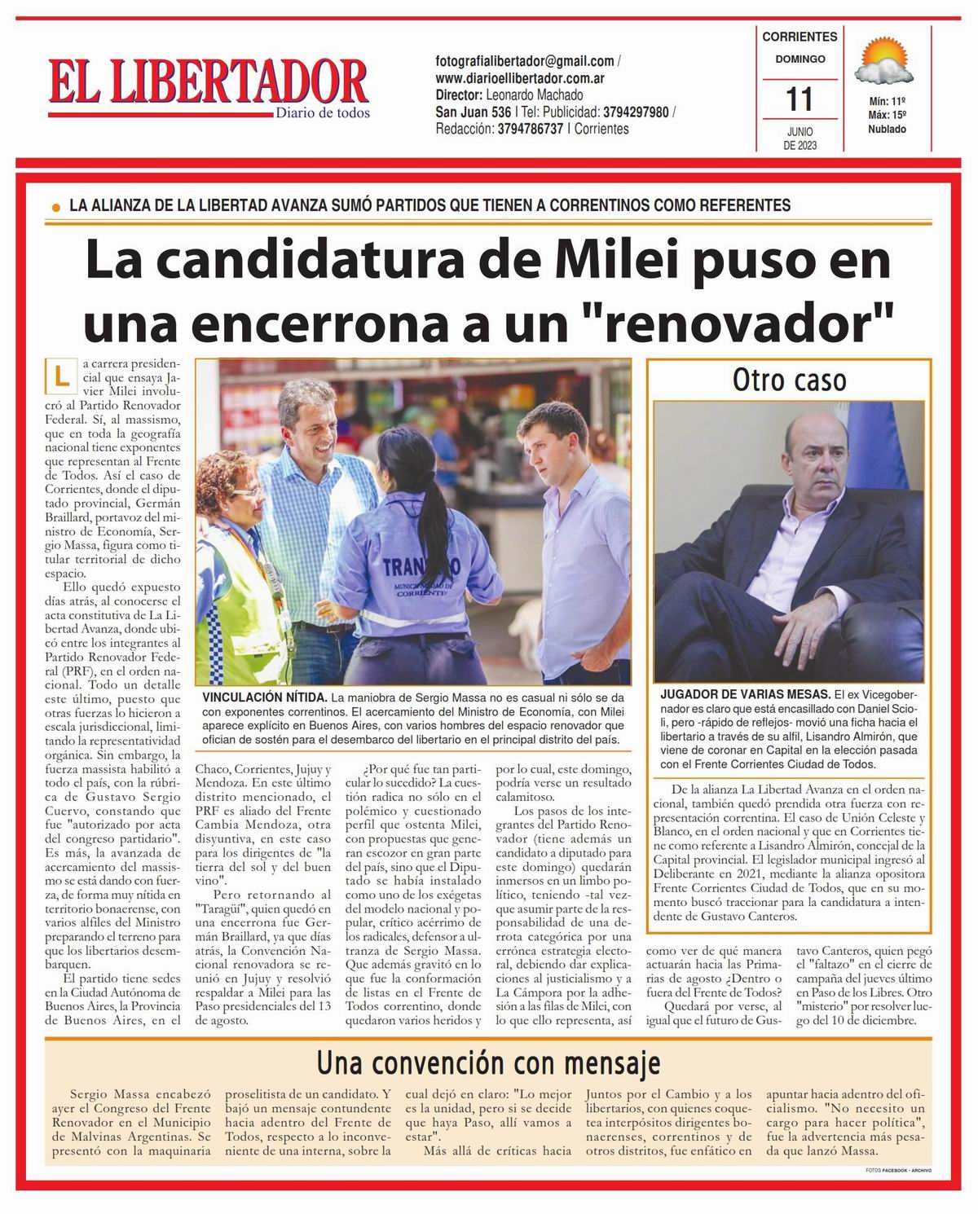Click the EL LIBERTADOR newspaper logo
(x=209, y=88)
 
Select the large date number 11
(x=800, y=99)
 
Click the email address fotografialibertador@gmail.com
(x=525, y=61)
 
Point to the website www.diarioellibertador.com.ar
(x=519, y=78)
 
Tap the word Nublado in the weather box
(x=887, y=130)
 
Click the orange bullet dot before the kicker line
(x=55, y=208)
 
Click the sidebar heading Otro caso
(x=789, y=380)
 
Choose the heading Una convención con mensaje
(x=488, y=1063)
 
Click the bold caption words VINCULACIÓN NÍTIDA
(x=264, y=698)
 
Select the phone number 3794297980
(x=641, y=112)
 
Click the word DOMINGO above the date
(x=800, y=59)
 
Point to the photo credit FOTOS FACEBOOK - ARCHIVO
(x=899, y=1170)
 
